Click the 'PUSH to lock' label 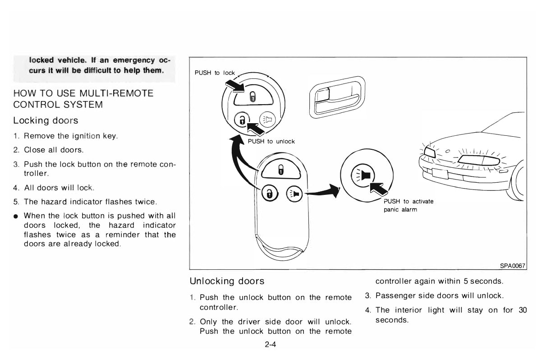[x=215, y=73]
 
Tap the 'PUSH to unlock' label [x=271, y=142]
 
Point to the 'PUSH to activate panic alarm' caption [x=408, y=206]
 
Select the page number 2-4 [x=271, y=346]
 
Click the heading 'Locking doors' [x=46, y=121]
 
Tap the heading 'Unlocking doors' [x=227, y=282]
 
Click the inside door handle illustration [x=337, y=97]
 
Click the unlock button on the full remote [x=269, y=194]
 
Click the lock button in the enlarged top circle [x=252, y=97]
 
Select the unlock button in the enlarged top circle [x=242, y=120]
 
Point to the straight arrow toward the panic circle [x=321, y=193]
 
